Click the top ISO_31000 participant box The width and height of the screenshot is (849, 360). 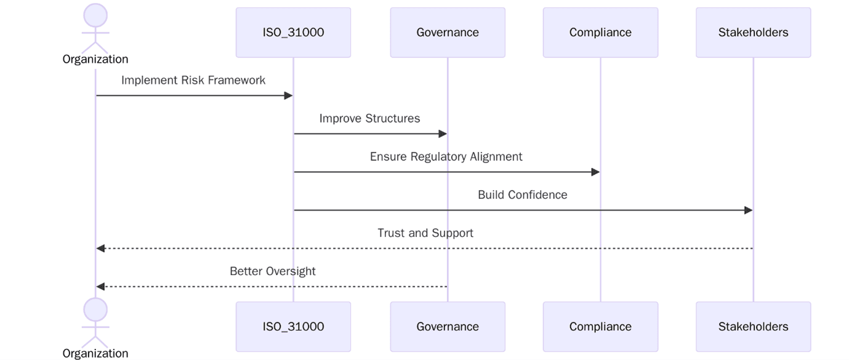point(293,33)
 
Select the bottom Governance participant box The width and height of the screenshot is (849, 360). point(448,327)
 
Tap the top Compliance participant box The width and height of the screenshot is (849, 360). point(600,33)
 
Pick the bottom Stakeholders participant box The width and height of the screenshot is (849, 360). point(753,327)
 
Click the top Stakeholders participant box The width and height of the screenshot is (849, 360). point(753,33)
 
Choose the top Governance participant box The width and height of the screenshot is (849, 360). point(448,33)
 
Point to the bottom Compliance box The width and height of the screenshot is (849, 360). point(600,327)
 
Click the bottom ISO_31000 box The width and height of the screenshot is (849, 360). point(293,327)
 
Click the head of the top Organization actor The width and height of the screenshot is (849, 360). point(95,15)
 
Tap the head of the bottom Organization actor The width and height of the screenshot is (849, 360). point(95,309)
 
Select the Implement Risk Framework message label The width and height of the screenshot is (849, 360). point(193,81)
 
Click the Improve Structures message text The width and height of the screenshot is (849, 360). point(369,119)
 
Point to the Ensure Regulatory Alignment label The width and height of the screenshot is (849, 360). point(446,157)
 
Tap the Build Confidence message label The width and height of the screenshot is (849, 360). point(522,195)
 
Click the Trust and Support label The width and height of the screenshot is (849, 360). point(425,233)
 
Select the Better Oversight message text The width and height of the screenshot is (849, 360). point(273,271)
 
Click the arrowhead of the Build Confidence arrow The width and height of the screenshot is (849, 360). point(748,210)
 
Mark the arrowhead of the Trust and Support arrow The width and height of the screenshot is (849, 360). point(101,249)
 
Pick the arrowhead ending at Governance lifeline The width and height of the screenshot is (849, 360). point(442,134)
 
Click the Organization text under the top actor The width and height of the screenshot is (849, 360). point(95,60)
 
